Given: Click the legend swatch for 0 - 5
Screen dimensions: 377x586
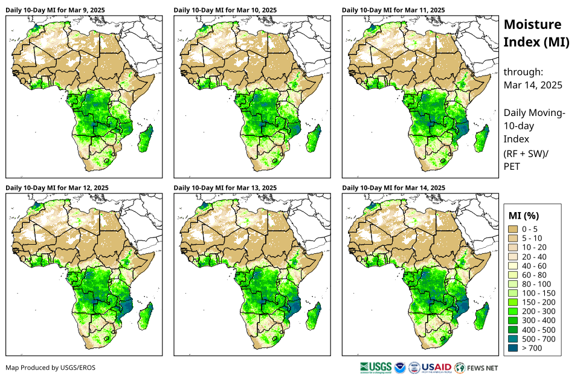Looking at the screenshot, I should point(515,229).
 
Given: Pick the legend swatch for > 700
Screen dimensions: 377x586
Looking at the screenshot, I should point(515,348).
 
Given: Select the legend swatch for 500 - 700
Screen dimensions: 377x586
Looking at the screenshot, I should point(515,339).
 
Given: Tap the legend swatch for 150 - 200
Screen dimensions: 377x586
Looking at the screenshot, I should point(515,302).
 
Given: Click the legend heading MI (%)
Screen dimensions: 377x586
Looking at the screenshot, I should point(524,215).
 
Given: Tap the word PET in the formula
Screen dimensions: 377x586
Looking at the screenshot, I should point(512,166).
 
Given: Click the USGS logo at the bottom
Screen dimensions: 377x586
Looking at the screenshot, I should point(375,367).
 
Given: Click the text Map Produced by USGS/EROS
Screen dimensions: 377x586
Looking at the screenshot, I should point(50,367).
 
